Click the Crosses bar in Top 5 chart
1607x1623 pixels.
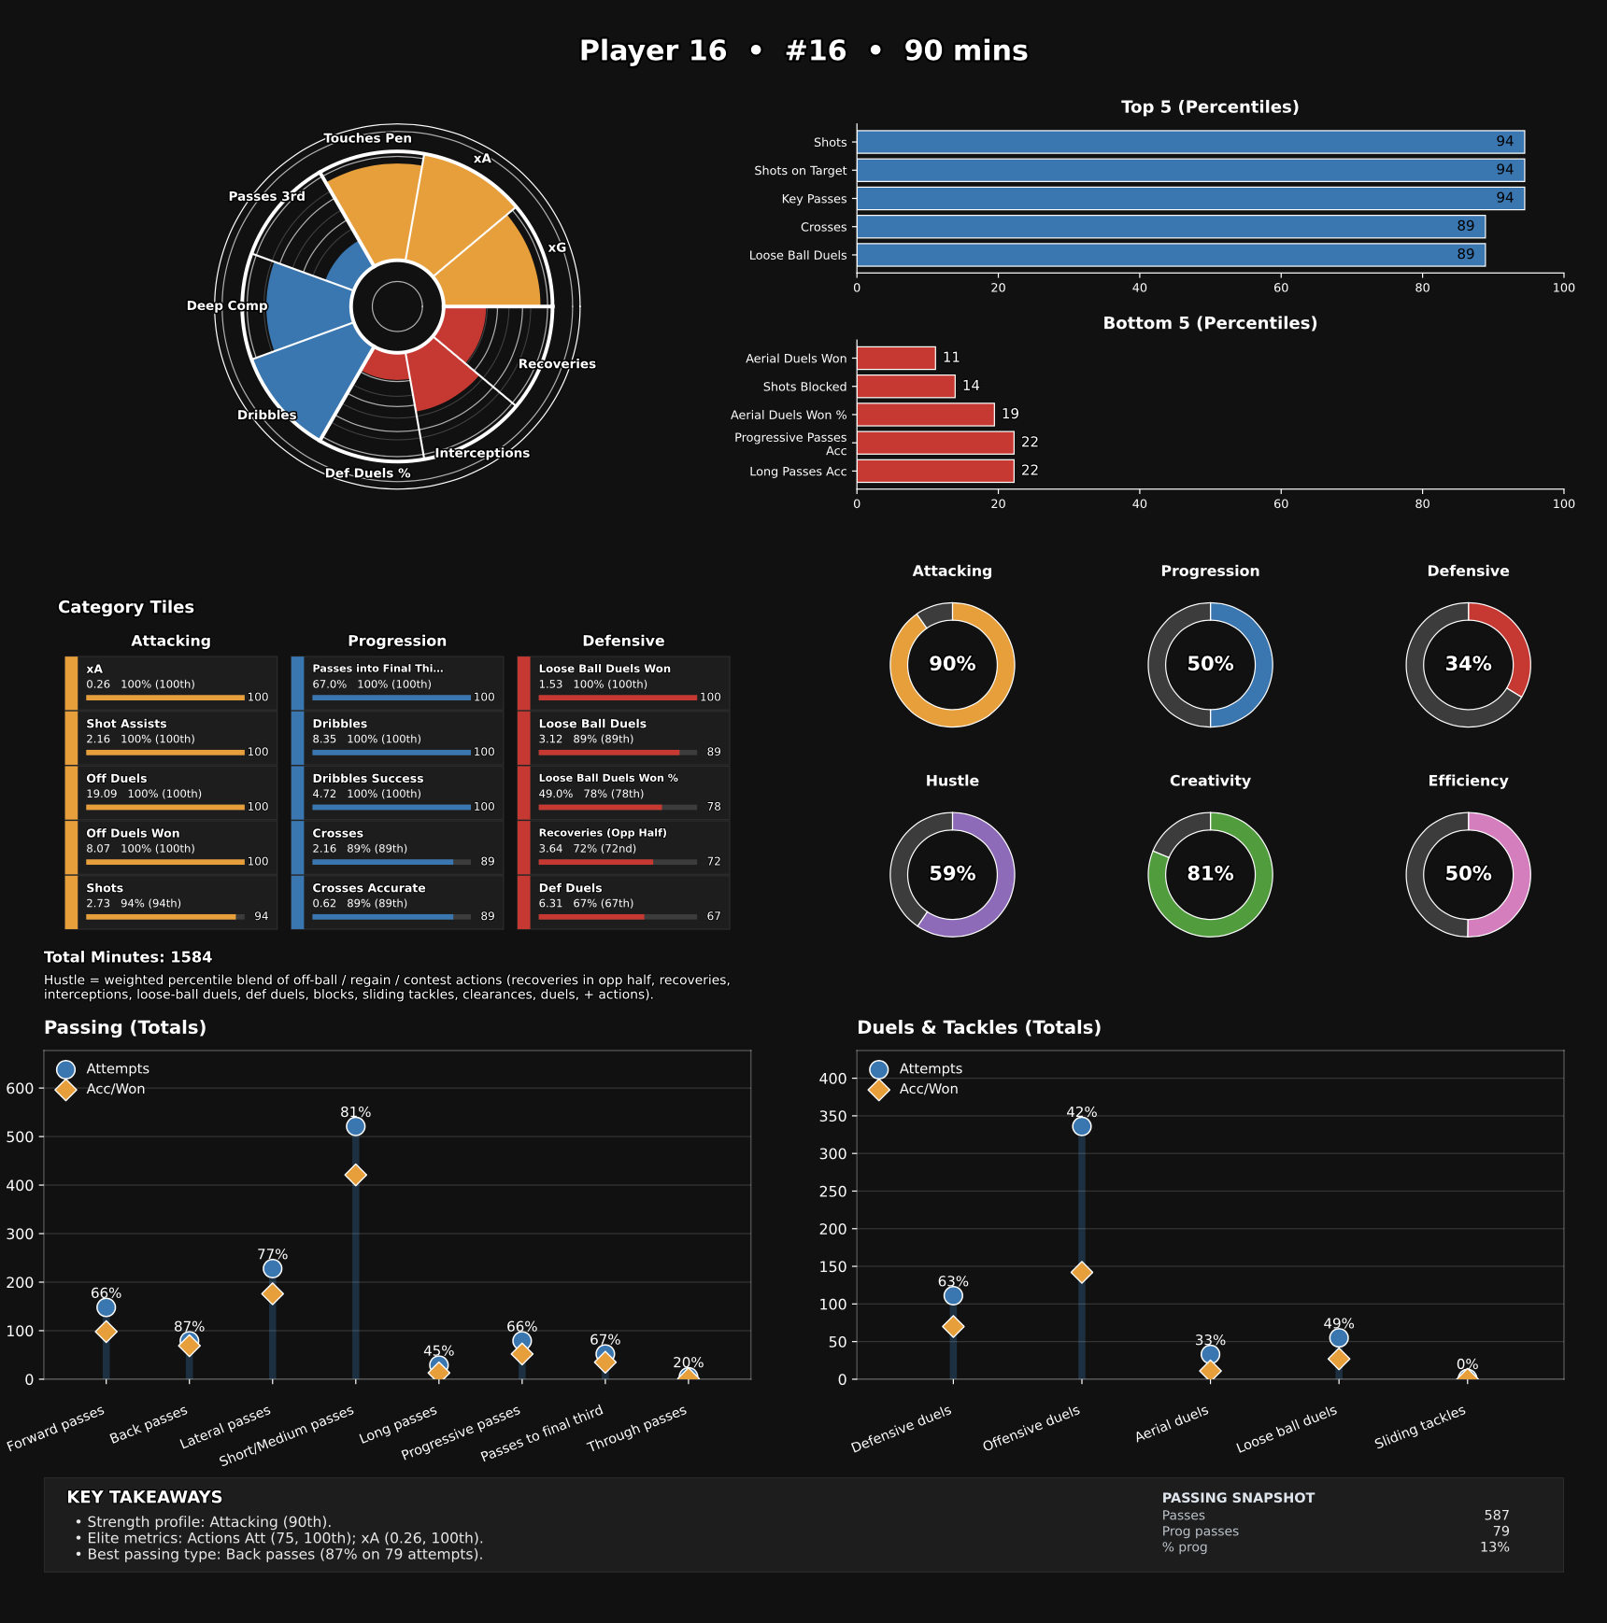(1170, 227)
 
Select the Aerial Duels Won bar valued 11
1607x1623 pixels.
(895, 359)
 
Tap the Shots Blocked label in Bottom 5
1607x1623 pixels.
(804, 387)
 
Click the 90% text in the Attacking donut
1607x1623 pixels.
(952, 664)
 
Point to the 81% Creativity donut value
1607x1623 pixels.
(1210, 874)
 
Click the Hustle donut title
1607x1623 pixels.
(952, 781)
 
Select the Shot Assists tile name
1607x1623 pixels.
(126, 724)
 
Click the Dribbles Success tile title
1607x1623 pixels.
(367, 779)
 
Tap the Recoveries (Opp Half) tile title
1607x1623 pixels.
(603, 833)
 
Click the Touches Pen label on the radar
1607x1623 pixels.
(367, 138)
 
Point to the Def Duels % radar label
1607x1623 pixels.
(367, 473)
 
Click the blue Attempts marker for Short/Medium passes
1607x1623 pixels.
(355, 1126)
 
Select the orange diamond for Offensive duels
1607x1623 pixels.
(1081, 1272)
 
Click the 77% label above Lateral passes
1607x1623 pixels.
(272, 1254)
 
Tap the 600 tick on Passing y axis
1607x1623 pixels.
(20, 1088)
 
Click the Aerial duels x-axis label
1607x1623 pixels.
(1172, 1424)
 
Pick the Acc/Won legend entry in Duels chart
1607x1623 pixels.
(928, 1089)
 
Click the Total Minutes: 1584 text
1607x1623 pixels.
(128, 957)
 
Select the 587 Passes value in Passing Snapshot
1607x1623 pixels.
(1496, 1516)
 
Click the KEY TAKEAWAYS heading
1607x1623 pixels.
(145, 1497)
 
